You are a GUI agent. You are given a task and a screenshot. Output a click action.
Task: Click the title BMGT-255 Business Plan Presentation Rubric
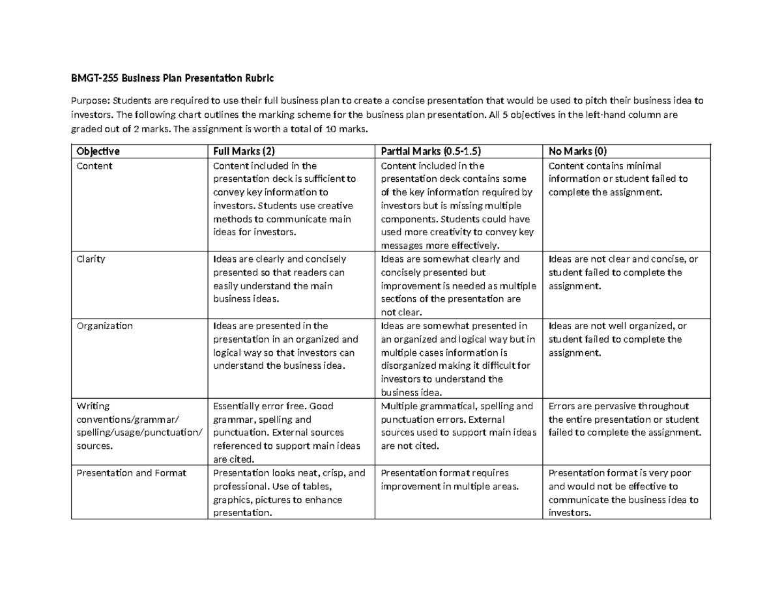[x=173, y=78]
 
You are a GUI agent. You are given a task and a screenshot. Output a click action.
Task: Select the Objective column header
[x=98, y=151]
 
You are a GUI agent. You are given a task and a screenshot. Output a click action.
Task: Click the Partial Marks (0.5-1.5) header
[x=431, y=151]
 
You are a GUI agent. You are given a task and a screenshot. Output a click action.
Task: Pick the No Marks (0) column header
[x=578, y=151]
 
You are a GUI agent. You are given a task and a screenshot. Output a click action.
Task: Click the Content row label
[x=94, y=166]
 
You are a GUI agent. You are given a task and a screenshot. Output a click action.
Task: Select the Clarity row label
[x=91, y=259]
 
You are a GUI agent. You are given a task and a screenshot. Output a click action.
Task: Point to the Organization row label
[x=104, y=326]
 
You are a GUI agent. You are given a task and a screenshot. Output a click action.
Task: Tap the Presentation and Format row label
[x=131, y=473]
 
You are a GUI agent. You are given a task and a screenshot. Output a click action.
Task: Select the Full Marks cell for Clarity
[x=280, y=279]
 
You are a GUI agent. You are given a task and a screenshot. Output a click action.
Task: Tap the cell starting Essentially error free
[x=287, y=433]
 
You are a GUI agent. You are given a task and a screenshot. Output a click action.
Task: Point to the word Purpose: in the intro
[x=91, y=101]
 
